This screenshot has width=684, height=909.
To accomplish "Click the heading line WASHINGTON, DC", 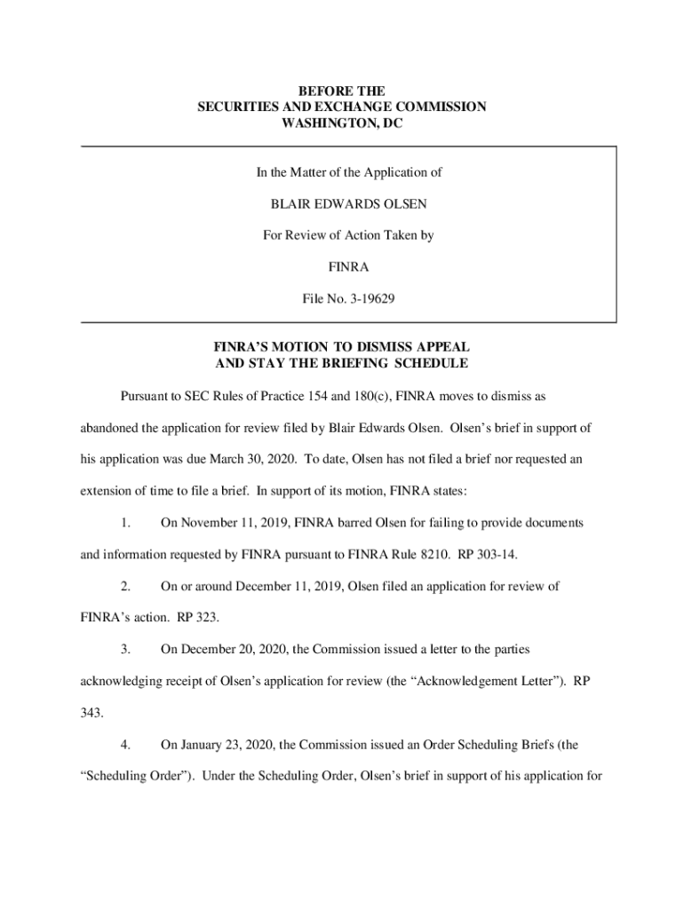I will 342,124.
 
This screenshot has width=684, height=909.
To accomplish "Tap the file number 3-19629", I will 364,299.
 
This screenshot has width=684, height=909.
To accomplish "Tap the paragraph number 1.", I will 126,524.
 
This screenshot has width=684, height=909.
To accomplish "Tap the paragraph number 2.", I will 126,587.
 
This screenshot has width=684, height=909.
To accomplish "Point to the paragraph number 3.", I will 126,650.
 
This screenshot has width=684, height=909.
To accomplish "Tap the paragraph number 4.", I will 126,744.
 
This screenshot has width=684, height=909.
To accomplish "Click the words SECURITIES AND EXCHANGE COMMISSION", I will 342,107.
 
